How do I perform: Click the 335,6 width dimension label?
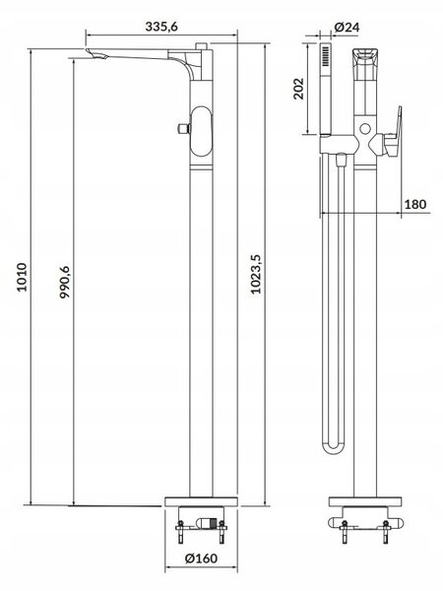point(161,27)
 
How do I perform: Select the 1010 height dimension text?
point(23,277)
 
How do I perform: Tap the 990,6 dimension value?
point(65,282)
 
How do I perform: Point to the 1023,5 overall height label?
point(256,274)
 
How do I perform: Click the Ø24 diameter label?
point(347,28)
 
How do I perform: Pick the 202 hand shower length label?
point(298,89)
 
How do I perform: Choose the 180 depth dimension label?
point(415,204)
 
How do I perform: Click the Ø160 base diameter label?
point(201,558)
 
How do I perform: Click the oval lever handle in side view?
point(202,131)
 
